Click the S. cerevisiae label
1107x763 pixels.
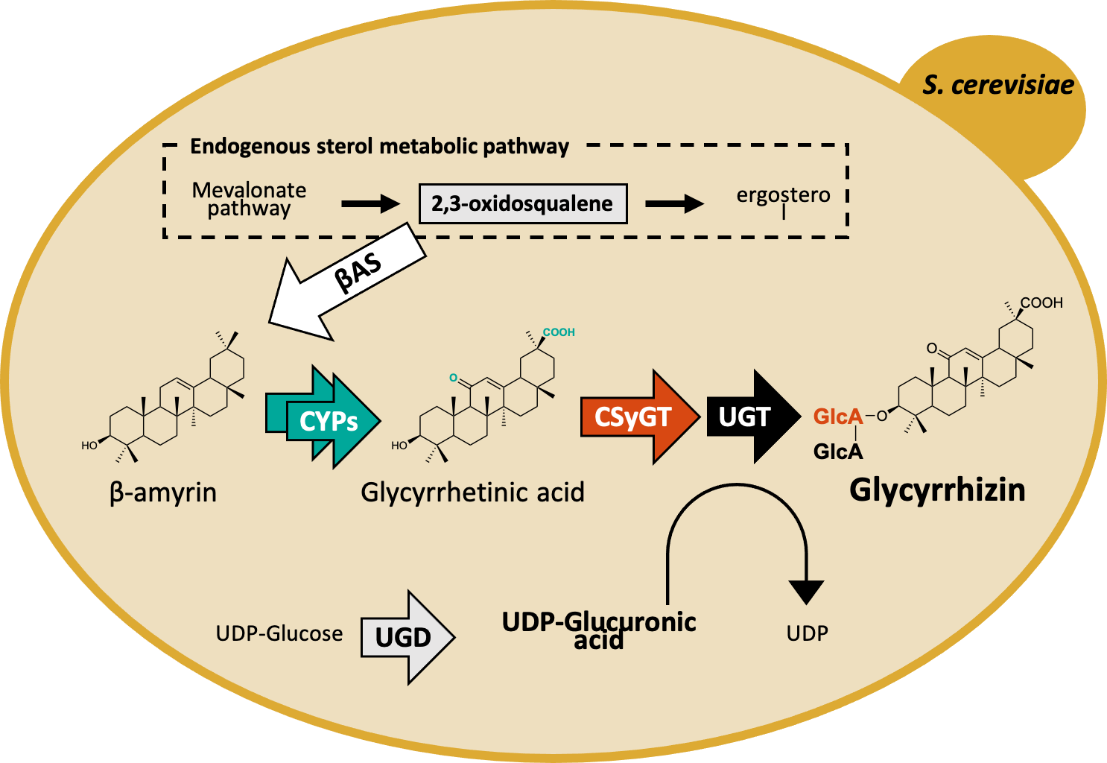[998, 85]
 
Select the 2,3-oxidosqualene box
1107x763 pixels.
[522, 203]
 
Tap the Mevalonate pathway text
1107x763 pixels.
[249, 199]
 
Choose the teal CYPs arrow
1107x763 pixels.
[325, 418]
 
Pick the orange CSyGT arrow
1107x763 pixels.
[638, 417]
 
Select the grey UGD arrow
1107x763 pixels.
[406, 637]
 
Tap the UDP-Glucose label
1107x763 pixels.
[279, 633]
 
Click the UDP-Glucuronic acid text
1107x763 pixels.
[599, 630]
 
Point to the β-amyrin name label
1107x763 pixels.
[163, 493]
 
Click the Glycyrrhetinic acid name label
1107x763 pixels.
[472, 493]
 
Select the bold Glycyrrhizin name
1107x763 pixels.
[937, 490]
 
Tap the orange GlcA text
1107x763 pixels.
[837, 417]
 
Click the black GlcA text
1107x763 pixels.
[838, 452]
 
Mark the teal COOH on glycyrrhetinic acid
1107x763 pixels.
[559, 332]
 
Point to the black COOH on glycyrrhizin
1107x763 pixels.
[1041, 303]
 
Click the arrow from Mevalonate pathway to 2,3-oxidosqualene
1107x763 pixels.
[370, 203]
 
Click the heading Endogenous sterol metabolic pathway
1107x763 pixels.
[379, 146]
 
